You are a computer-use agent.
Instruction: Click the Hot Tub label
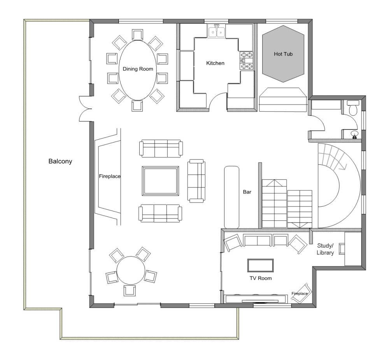283,54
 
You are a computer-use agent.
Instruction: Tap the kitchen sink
217,31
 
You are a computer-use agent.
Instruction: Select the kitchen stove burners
246,60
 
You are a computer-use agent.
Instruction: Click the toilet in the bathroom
353,108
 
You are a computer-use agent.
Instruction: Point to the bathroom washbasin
355,134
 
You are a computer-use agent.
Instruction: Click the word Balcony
60,161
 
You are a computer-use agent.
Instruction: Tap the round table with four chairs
131,271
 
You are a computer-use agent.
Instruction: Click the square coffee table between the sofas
161,181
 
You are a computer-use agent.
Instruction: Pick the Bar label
247,192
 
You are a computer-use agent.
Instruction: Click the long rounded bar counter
232,197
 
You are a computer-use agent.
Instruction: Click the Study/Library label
325,249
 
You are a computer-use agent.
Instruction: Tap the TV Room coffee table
261,265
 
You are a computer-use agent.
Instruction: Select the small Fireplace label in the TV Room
300,294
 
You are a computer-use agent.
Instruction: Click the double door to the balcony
85,109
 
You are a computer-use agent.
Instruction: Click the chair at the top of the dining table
137,35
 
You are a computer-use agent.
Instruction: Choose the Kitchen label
216,63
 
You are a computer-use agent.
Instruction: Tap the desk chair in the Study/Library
342,249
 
